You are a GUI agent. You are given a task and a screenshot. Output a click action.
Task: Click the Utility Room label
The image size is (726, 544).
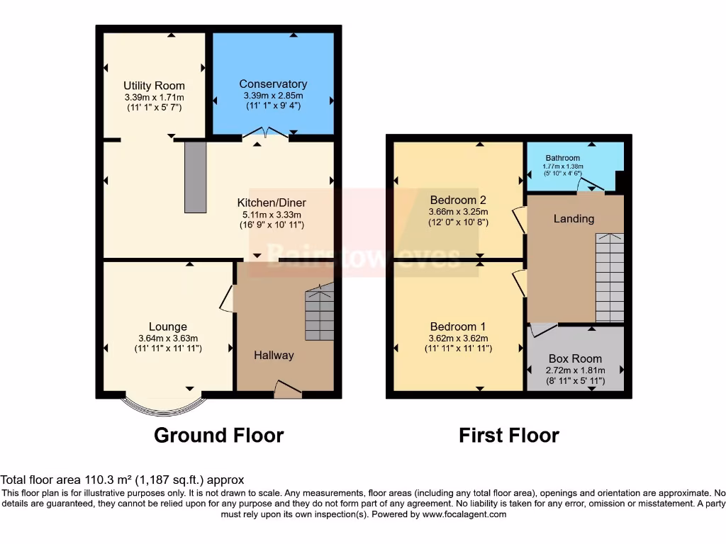(154, 86)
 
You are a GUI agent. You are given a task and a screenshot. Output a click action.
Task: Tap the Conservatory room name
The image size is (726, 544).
(273, 84)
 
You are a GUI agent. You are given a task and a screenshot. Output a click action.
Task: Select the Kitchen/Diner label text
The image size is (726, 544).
(272, 203)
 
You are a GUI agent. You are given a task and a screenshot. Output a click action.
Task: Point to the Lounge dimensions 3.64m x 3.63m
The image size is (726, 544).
(168, 338)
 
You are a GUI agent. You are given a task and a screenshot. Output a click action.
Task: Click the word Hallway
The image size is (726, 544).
(274, 355)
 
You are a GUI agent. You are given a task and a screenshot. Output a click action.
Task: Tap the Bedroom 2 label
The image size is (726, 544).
(458, 200)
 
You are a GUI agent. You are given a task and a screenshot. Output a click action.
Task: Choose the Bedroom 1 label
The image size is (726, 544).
(458, 327)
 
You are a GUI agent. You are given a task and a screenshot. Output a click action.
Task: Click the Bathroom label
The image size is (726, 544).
(562, 158)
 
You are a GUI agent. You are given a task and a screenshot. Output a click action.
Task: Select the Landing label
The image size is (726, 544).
(574, 218)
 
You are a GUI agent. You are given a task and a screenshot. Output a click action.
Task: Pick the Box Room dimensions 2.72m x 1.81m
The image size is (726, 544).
(574, 370)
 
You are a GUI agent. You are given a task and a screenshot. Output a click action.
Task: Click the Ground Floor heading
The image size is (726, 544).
(218, 435)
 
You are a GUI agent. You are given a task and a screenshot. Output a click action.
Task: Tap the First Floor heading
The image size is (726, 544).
(508, 435)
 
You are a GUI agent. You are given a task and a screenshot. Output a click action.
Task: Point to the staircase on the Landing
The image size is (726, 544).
(609, 278)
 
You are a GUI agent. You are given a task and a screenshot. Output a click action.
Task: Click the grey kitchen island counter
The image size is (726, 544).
(195, 176)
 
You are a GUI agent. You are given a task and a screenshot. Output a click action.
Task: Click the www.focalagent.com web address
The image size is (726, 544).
(464, 514)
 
